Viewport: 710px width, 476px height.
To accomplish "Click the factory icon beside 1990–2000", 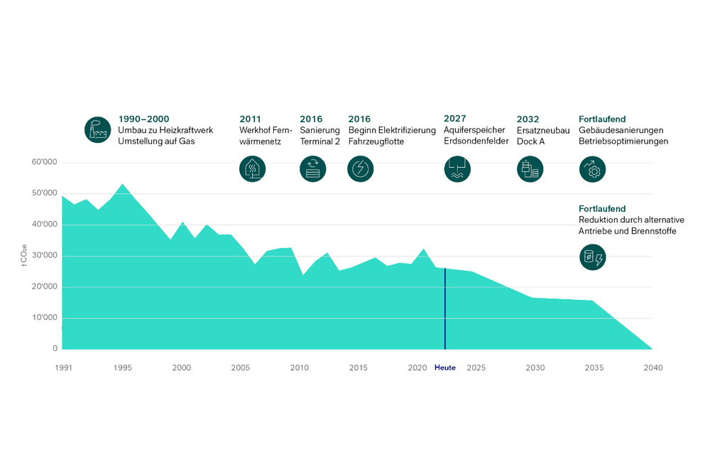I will (98, 130).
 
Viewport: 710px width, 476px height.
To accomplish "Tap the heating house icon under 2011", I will (252, 169).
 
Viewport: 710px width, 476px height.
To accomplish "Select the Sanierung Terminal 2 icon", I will (313, 169).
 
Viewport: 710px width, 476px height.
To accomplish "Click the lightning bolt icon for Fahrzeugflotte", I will (361, 169).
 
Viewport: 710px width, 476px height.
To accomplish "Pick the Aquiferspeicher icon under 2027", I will (457, 169).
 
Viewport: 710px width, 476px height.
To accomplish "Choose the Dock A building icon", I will (530, 169).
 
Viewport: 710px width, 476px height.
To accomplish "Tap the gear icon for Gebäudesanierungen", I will (593, 169).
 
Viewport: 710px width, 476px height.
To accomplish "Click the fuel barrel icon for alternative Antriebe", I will (593, 257).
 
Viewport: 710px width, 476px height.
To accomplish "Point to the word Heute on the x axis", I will (445, 368).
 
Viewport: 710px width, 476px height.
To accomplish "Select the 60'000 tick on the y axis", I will (45, 163).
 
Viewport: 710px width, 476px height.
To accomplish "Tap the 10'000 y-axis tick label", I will (45, 318).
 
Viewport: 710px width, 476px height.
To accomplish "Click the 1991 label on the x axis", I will (63, 368).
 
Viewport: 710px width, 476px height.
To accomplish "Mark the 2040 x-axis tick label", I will (653, 368).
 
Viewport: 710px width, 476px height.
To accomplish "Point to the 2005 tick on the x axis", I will (240, 368).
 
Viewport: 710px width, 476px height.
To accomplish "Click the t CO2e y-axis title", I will (25, 255).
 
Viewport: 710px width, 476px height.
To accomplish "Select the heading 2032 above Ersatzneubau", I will (528, 119).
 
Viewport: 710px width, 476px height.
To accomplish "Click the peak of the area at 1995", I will (123, 185).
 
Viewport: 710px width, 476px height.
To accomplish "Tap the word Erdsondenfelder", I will (476, 141).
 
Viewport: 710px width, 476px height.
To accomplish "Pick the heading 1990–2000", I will (143, 119).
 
